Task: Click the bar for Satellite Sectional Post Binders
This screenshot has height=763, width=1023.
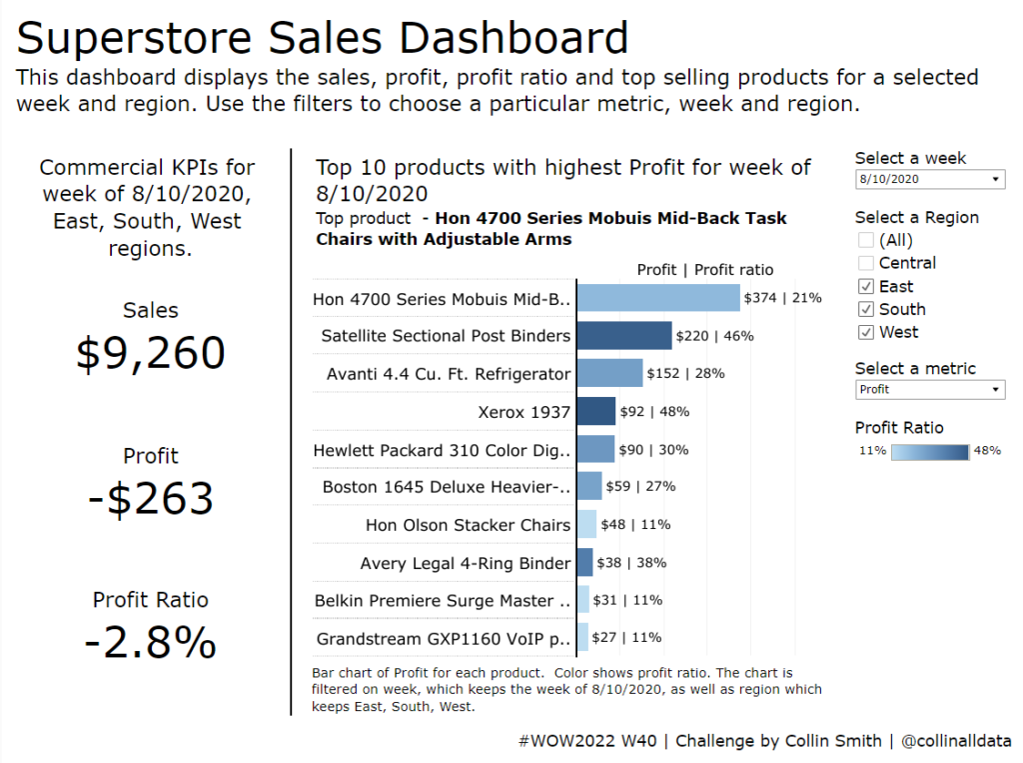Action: tap(624, 336)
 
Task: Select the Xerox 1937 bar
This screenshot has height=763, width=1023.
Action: tap(596, 411)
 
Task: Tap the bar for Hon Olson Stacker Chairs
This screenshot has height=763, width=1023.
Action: tap(586, 524)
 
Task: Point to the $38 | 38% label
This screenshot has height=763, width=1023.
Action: tap(631, 563)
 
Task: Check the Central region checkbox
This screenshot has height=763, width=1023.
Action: tap(865, 263)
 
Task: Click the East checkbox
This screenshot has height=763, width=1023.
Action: tap(865, 286)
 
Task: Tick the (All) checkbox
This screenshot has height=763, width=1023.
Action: tap(865, 240)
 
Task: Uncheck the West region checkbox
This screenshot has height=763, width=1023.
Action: tap(865, 332)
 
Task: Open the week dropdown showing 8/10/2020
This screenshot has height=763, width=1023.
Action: tap(929, 179)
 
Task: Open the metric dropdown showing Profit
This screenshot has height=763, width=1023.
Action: tap(929, 389)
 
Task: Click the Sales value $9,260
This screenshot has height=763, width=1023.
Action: tap(151, 354)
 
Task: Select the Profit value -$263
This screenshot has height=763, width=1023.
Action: tap(151, 498)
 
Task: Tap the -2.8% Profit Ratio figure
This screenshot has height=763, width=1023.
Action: tap(151, 642)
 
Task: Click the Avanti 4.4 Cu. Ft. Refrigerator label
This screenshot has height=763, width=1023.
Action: tap(449, 374)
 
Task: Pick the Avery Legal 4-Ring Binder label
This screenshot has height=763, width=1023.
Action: tap(466, 563)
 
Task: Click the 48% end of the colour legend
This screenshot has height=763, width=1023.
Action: tap(987, 451)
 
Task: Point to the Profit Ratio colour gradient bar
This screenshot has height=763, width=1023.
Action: tap(929, 451)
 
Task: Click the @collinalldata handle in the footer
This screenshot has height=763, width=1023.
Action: tap(955, 741)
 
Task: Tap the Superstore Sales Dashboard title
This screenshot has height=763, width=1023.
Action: tap(323, 38)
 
